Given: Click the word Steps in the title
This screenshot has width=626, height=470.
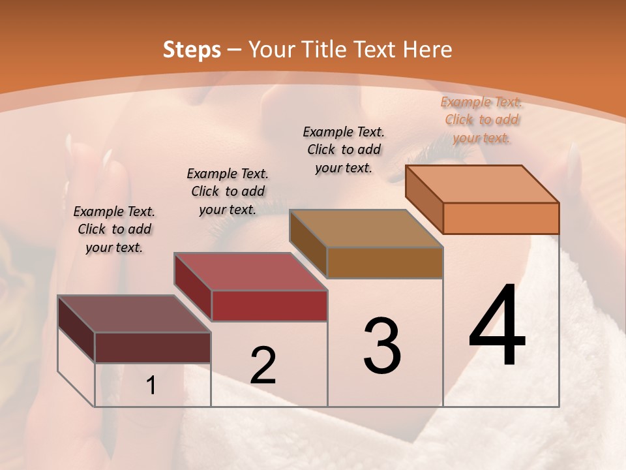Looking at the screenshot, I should pos(192,50).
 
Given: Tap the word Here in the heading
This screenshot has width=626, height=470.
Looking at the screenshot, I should pos(426,50).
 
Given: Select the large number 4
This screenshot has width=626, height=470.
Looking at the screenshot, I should pos(497,326).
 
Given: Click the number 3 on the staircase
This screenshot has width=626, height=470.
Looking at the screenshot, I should pos(381,346).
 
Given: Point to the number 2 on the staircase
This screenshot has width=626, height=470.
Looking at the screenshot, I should pos(263,366).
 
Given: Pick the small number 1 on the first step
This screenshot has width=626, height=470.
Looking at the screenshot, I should pos(151,386).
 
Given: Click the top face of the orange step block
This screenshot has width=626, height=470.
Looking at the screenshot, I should pos(483,184).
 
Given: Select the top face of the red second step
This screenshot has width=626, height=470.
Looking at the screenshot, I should pos(250,272).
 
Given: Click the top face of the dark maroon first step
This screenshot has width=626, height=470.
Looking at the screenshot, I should pos(134,314).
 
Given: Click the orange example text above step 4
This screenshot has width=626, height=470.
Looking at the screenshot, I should pos(482,119).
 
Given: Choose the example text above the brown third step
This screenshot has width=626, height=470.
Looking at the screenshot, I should pos(344,149).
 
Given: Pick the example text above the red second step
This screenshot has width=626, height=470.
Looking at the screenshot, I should pos(228,191).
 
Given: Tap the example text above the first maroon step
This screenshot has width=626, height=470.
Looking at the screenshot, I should pos(114,229).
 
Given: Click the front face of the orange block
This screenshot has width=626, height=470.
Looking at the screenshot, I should pos(501,218).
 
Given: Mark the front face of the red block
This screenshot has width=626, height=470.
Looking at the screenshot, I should pos(269,305).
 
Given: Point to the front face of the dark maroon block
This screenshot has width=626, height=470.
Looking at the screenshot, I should pos(153,347).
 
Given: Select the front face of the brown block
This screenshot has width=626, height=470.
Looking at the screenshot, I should pos(385,262).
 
